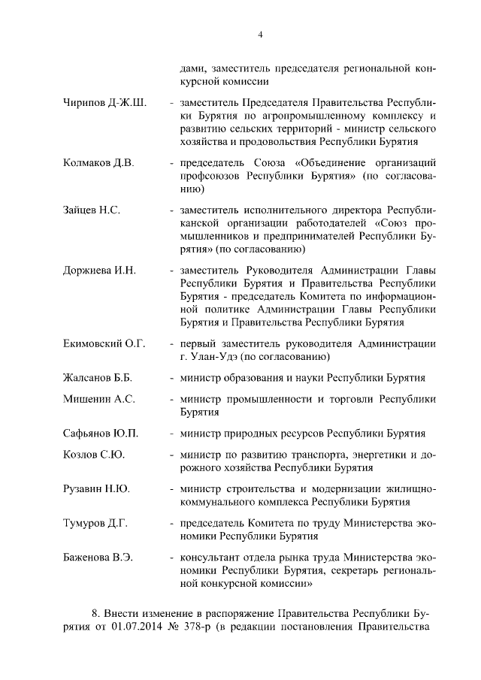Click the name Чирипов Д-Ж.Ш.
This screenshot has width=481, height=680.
[104, 101]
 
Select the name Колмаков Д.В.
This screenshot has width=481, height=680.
[98, 163]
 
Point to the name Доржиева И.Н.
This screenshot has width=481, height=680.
[99, 270]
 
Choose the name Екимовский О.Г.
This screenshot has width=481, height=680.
[104, 343]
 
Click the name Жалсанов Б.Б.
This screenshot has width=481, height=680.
[98, 377]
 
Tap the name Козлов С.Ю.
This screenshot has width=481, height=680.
[94, 455]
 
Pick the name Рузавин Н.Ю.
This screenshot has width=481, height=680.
[97, 489]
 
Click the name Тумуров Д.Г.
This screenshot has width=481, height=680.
[95, 524]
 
